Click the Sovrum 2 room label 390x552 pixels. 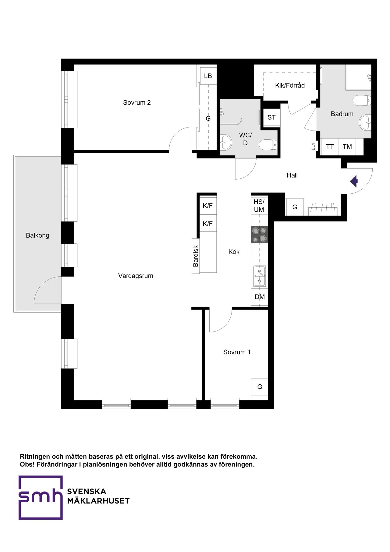tap(137, 102)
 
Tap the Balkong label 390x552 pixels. tap(37, 235)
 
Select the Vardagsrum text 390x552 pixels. tap(136, 276)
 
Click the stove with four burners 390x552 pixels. tap(260, 235)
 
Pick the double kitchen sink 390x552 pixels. tap(260, 276)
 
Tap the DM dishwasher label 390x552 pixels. tap(260, 297)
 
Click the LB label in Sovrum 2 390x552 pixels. tap(208, 76)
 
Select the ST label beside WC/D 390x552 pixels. tap(271, 117)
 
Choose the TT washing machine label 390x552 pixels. tap(330, 147)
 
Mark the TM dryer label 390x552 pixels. tap(347, 147)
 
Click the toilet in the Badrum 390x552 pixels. tap(362, 100)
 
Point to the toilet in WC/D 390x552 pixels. tap(268, 145)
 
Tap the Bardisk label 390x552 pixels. tap(196, 256)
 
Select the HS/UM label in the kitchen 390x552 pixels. tap(259, 206)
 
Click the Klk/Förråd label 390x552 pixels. tap(290, 85)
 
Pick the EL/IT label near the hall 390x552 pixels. tap(313, 145)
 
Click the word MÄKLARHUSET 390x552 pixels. tap(98, 501)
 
